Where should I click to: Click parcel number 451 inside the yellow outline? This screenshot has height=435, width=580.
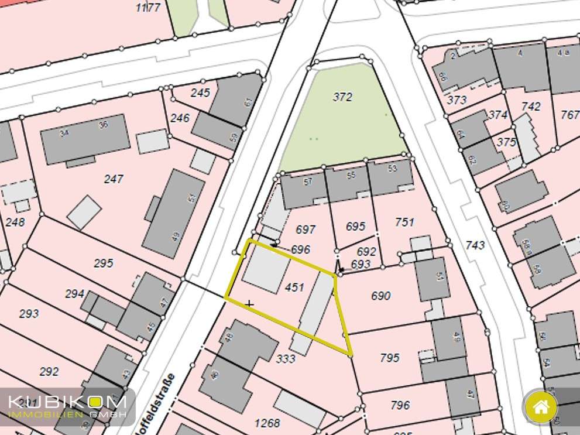point(294,287)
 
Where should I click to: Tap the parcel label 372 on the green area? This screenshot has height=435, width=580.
point(342,97)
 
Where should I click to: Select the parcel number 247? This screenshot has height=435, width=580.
point(114,179)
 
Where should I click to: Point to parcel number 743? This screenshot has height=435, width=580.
point(475,245)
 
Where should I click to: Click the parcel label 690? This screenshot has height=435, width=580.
point(380,296)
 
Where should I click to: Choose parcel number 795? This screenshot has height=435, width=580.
point(389,358)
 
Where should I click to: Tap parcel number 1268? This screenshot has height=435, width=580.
point(268,423)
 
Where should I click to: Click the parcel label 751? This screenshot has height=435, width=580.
point(404,222)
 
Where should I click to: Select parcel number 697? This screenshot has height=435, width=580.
point(306,230)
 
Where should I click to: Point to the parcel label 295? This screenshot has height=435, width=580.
point(103,263)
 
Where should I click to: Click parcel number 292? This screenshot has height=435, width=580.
point(49,371)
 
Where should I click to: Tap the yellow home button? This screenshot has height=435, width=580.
point(541,406)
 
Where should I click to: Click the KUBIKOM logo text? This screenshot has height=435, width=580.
point(67,403)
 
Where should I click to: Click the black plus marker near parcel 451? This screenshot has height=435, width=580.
point(250,304)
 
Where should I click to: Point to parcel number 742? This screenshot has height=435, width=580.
point(531,107)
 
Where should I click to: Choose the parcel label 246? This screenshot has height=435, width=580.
point(180,118)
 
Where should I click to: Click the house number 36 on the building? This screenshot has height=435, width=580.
point(104,125)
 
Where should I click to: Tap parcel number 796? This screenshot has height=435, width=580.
point(400,405)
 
